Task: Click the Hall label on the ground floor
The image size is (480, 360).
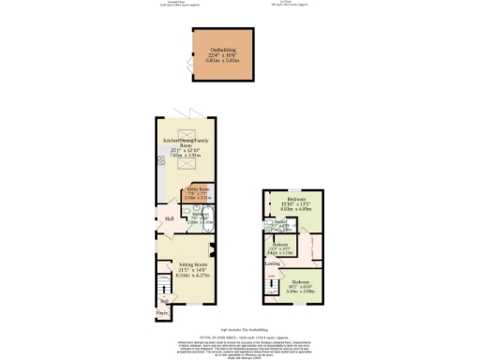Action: (170, 219)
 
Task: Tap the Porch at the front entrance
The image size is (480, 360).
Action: (162, 313)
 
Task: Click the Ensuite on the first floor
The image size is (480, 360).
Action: (281, 225)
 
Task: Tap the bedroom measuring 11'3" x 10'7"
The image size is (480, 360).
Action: (280, 249)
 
